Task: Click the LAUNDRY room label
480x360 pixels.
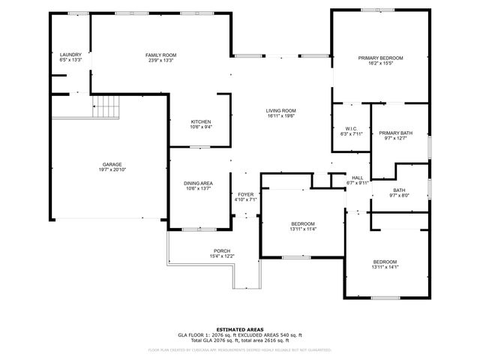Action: [x=70, y=55]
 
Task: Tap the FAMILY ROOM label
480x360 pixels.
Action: [x=160, y=55]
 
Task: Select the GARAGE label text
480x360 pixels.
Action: [x=112, y=164]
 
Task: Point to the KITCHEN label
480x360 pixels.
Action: [x=200, y=122]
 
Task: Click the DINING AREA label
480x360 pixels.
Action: [x=199, y=183]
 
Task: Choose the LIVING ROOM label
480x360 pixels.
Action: [x=281, y=110]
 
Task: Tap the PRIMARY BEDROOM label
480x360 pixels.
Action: [x=380, y=58]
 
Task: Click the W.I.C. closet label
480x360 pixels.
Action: [x=351, y=128]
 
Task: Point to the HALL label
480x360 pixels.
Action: [x=357, y=177]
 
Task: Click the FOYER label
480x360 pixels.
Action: [x=246, y=194]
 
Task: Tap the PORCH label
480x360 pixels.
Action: [x=222, y=250]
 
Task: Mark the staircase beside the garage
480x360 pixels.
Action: [x=106, y=106]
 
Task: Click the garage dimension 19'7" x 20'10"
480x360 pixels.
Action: [x=112, y=170]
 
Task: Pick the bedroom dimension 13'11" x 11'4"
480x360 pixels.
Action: [x=303, y=229]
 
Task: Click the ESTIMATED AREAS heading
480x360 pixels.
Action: [x=239, y=328]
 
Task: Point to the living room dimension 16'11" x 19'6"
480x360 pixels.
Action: [x=281, y=116]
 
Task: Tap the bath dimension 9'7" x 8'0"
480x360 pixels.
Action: [x=398, y=196]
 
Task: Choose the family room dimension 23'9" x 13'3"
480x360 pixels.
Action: [x=160, y=61]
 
